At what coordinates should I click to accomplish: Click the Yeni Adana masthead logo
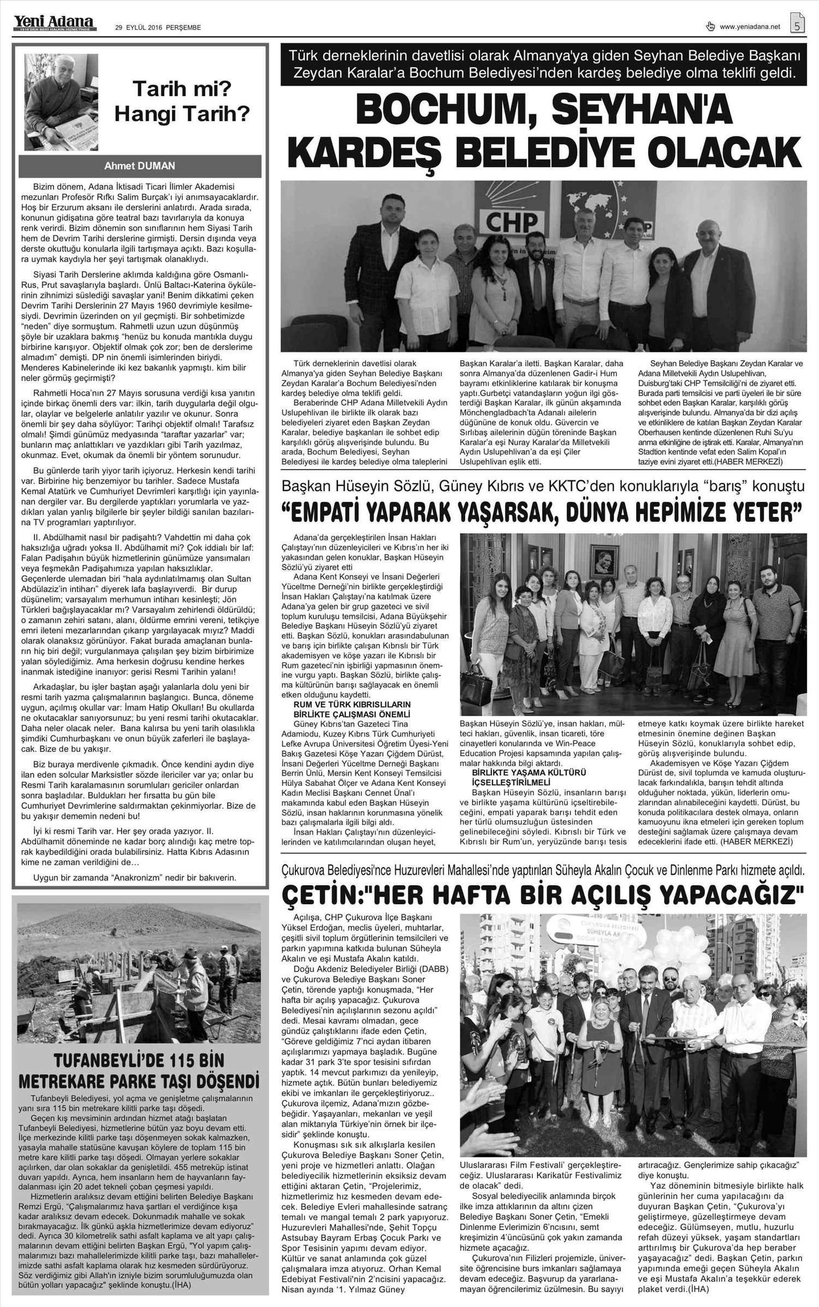pos(54,22)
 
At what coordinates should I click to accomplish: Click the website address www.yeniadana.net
pos(750,27)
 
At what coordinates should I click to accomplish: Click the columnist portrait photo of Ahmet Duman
pos(61,102)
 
